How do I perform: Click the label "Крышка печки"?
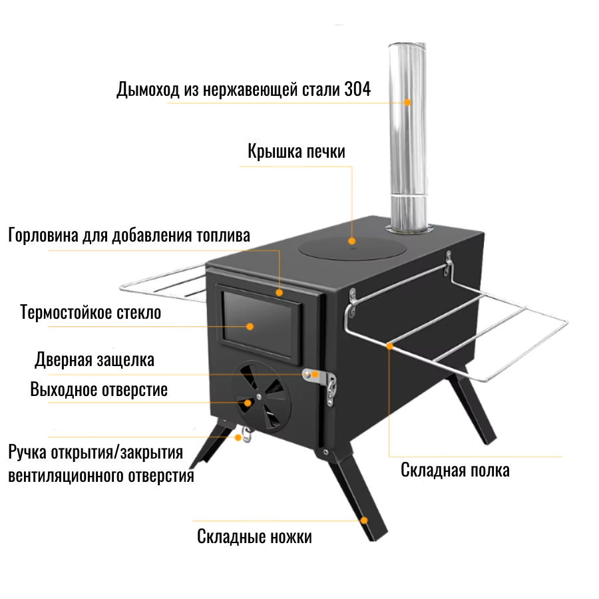pos(296,151)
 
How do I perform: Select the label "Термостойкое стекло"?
pos(91,312)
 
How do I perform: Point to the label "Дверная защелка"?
pos(95,360)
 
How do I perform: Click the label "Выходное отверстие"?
pos(99,389)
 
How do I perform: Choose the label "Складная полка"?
pos(455,470)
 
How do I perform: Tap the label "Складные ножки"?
pos(254,536)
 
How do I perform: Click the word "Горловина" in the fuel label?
pos(42,236)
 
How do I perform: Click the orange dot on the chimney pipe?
pos(407,102)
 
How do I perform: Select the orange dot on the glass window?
pos(250,326)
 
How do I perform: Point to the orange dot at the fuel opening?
pos(280,292)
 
